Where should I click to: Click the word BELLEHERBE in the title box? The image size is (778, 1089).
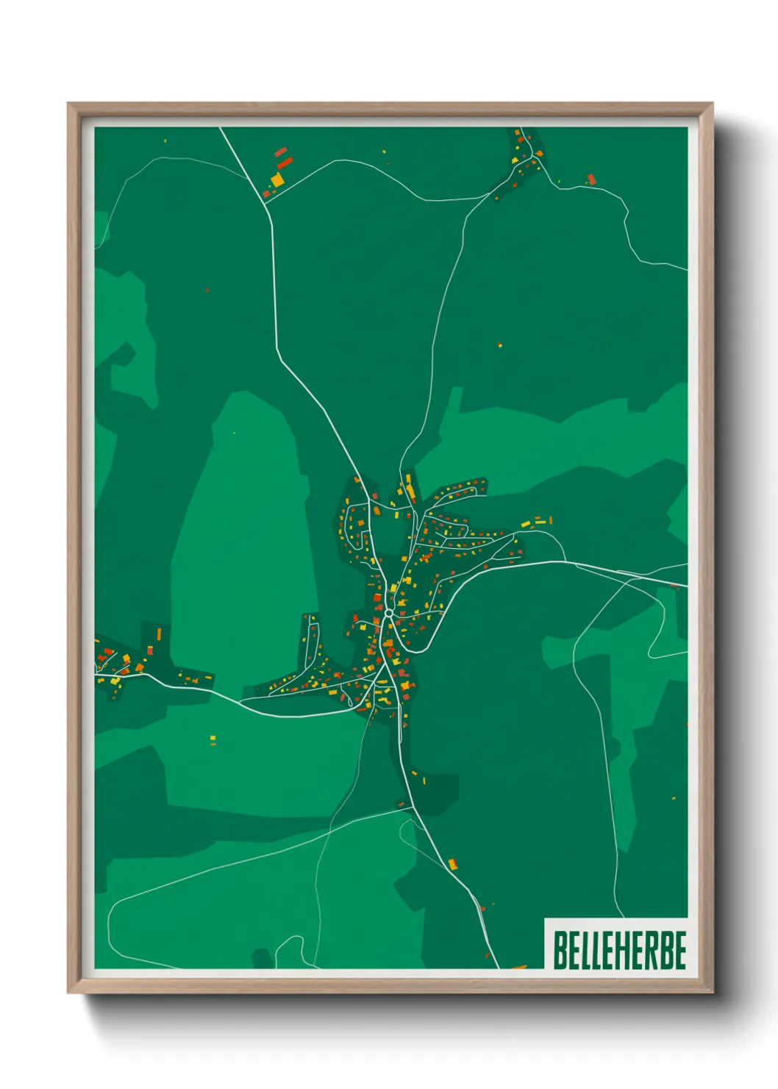[x=619, y=951]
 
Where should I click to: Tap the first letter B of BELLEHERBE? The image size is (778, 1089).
[x=560, y=951]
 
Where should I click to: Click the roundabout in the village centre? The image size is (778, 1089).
[x=388, y=612]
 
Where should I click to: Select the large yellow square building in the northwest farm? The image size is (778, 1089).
[x=277, y=180]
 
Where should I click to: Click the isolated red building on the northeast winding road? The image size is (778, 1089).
[x=590, y=179]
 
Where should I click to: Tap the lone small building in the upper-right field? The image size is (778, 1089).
[x=500, y=345]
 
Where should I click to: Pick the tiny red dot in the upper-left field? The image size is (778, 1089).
[x=207, y=290]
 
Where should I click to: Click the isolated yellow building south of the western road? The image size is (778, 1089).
[x=213, y=740]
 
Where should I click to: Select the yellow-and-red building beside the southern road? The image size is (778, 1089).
[x=453, y=863]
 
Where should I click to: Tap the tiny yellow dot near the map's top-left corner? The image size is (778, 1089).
[x=165, y=141]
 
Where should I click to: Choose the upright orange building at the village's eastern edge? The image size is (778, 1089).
[x=549, y=520]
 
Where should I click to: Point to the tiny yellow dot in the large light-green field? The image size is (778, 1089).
[x=235, y=433]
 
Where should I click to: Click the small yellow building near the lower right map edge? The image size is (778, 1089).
[x=674, y=798]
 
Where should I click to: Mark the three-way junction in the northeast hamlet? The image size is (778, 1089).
[x=531, y=157]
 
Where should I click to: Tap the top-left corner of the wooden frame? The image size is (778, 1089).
[x=68, y=104]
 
